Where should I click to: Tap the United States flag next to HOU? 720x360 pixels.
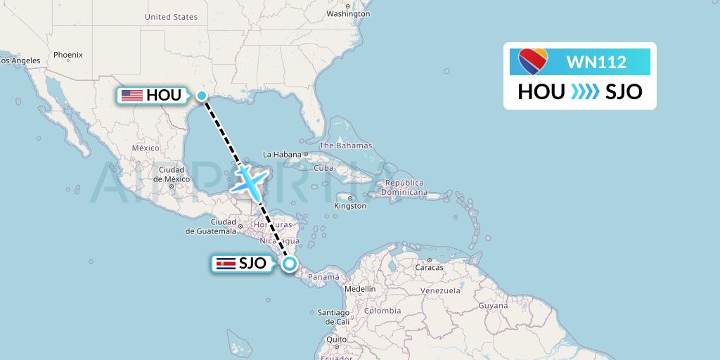tap(132, 96)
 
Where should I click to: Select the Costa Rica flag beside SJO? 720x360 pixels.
tap(224, 264)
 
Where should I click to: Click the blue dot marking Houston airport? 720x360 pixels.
tap(201, 96)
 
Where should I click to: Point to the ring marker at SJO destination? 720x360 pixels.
tap(289, 264)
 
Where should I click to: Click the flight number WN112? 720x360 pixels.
tap(596, 63)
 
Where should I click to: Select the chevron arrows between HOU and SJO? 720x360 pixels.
tap(585, 91)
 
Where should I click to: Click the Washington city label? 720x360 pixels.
tap(348, 13)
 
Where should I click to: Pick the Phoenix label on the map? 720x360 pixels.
tap(68, 54)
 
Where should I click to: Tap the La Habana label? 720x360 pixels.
tap(281, 154)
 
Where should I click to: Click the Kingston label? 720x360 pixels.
tap(350, 206)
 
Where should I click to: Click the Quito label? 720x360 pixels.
tap(337, 339)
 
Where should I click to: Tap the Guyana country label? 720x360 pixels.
tap(493, 306)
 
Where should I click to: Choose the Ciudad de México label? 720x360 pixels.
tap(172, 174)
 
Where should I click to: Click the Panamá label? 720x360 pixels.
tap(324, 277)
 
